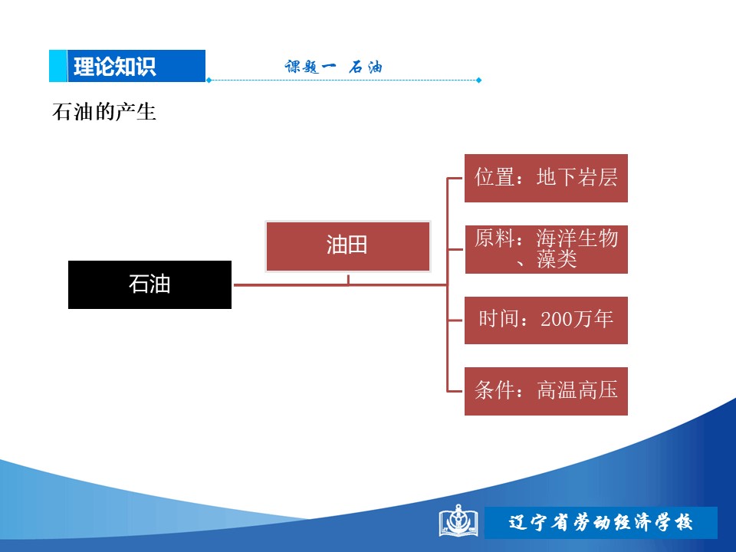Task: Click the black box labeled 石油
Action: pyautogui.click(x=149, y=284)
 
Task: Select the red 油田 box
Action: pyautogui.click(x=348, y=246)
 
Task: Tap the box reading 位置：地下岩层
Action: pyautogui.click(x=546, y=178)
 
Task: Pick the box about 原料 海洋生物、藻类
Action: pyautogui.click(x=546, y=249)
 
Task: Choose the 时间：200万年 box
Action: pyautogui.click(x=546, y=320)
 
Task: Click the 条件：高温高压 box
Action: pyautogui.click(x=546, y=391)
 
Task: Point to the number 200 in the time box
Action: pyautogui.click(x=556, y=319)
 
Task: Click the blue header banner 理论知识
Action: pyautogui.click(x=127, y=66)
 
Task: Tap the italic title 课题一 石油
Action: pyautogui.click(x=333, y=67)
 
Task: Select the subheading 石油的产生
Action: pyautogui.click(x=103, y=112)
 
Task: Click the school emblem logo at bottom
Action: pyautogui.click(x=458, y=521)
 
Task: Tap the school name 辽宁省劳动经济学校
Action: pyautogui.click(x=600, y=522)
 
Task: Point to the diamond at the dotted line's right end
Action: pyautogui.click(x=478, y=80)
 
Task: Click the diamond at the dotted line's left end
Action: pyautogui.click(x=209, y=80)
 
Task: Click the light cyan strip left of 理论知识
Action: pyautogui.click(x=58, y=66)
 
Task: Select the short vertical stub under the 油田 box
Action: pyautogui.click(x=348, y=280)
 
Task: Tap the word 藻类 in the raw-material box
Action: pyautogui.click(x=557, y=259)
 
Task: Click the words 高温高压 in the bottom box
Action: pyautogui.click(x=577, y=390)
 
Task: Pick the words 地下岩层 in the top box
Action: pyautogui.click(x=577, y=177)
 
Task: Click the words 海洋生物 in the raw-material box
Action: pyautogui.click(x=577, y=238)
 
